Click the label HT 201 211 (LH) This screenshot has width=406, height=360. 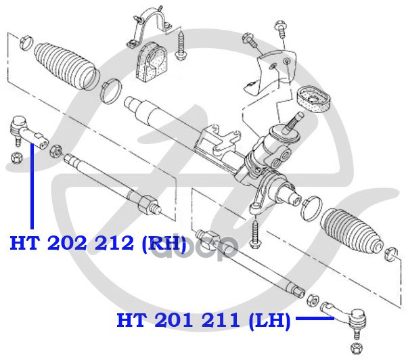coord(204,319)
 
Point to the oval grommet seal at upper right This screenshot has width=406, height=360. coord(312,97)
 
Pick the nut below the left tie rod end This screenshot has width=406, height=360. coord(18,157)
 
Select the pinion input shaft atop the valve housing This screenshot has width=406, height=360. coord(295,122)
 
